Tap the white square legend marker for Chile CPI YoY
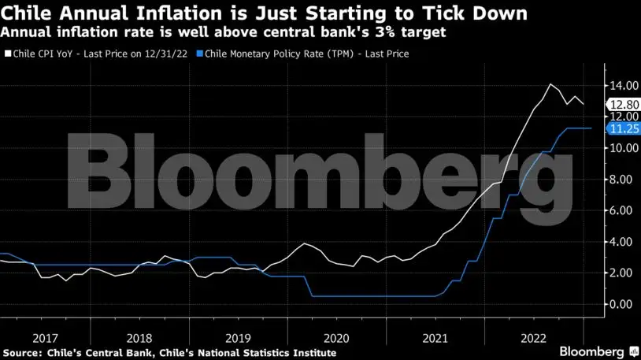coord(7,54)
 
